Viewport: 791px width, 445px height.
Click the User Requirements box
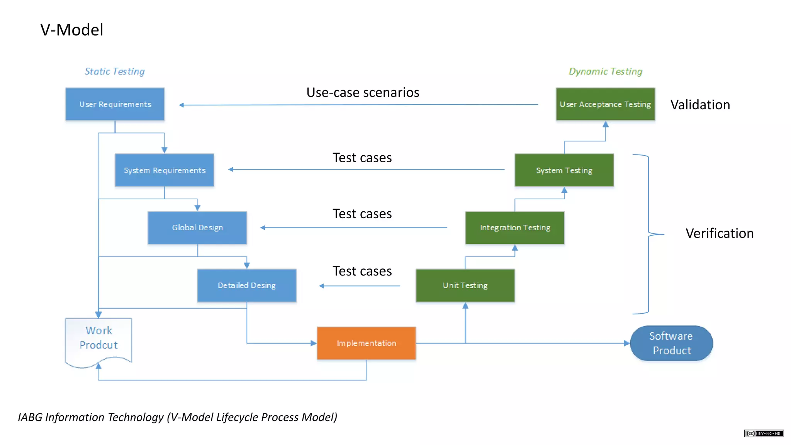point(115,104)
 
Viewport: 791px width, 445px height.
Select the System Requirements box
point(164,170)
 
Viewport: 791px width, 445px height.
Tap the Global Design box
point(197,228)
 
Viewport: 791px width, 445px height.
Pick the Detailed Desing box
point(246,285)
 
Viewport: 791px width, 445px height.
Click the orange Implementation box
point(366,343)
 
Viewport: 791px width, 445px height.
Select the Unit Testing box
point(465,285)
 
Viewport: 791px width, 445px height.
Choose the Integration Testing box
point(514,228)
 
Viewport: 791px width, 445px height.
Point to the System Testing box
point(564,170)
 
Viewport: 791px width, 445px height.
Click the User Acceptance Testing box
point(605,104)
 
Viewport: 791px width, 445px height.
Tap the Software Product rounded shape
point(671,343)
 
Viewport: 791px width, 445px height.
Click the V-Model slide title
point(72,30)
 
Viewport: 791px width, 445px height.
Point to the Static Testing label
point(115,71)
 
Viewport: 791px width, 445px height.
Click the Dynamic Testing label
point(605,71)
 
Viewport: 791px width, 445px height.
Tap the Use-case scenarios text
point(363,92)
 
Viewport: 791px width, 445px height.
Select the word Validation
point(700,105)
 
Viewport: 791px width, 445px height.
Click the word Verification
point(719,233)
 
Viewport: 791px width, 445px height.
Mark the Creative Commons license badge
point(764,433)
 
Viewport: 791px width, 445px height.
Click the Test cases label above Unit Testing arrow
point(362,271)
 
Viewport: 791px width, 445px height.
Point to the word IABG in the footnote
point(30,417)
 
